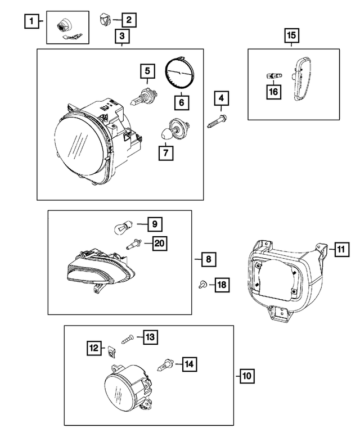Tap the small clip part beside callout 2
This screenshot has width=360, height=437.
105,20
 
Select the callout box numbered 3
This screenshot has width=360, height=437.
122,37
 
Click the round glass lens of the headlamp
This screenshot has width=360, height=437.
79,143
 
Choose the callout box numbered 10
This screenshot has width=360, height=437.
246,376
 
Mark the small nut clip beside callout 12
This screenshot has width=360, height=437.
111,350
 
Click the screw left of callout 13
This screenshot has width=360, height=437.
127,337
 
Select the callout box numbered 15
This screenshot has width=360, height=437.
291,35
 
